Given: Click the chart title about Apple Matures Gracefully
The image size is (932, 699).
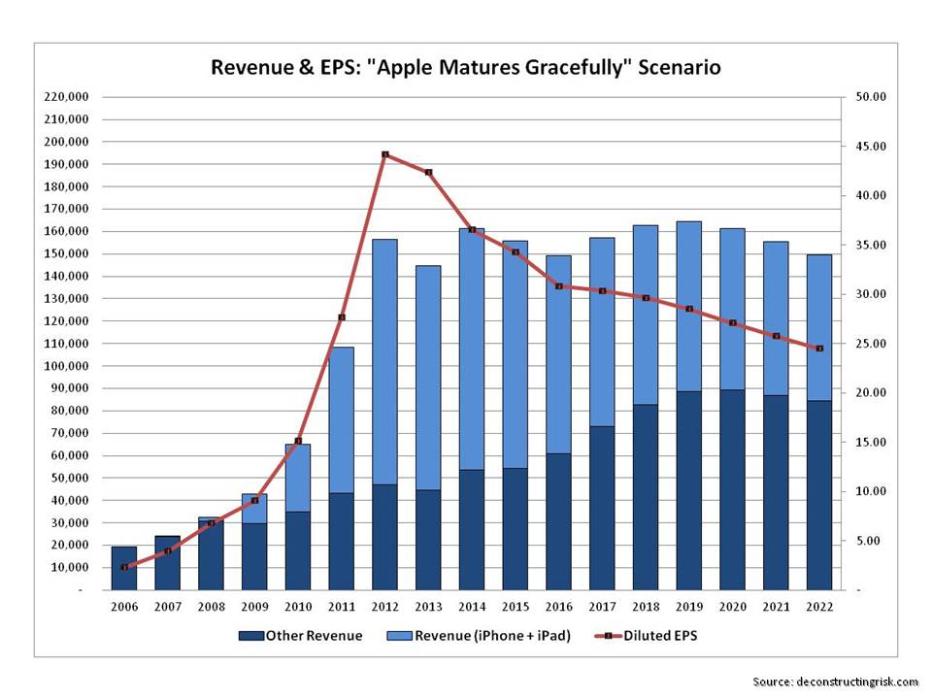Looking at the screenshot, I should click(x=466, y=68).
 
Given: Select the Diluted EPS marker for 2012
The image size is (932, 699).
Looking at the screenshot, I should click(x=385, y=154).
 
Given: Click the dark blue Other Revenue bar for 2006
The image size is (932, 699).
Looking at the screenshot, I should click(x=124, y=568).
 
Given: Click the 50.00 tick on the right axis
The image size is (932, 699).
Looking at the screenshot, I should click(x=871, y=97).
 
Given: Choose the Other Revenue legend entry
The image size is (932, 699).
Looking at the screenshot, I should click(x=300, y=636).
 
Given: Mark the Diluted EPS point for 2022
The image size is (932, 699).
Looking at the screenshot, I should click(x=819, y=349).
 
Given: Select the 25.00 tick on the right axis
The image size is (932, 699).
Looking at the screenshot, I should click(x=871, y=344).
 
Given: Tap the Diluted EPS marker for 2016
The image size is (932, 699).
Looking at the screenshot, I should click(x=559, y=286).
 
